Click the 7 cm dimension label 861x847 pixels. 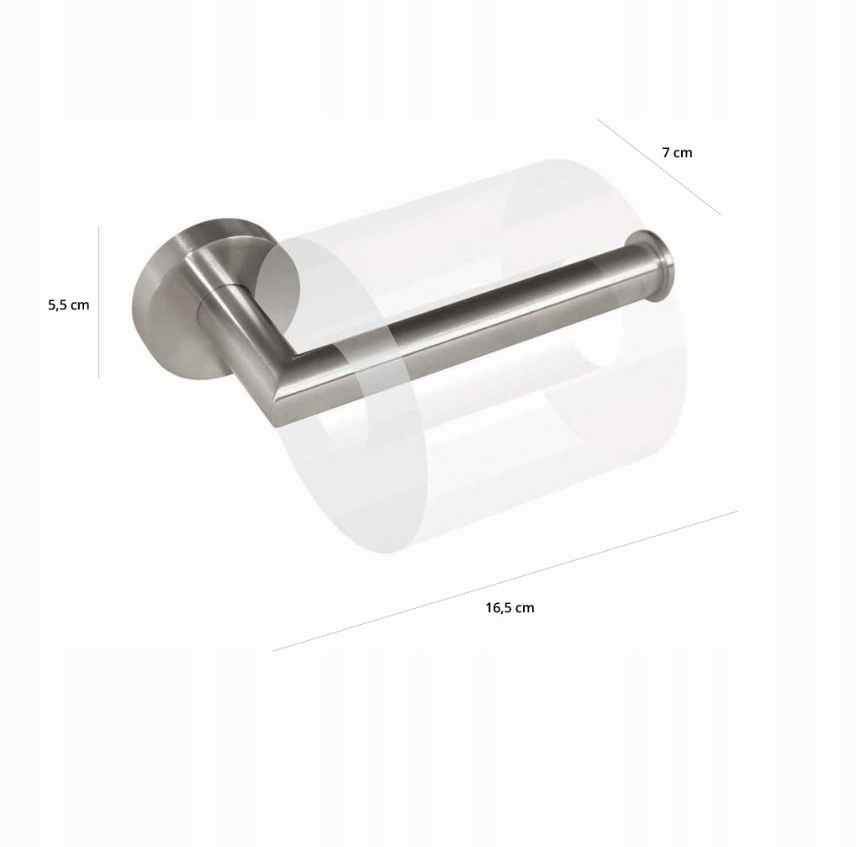click(677, 153)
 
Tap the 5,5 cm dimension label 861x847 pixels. click(69, 304)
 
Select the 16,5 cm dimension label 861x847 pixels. click(510, 607)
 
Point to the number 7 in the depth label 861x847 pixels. click(666, 153)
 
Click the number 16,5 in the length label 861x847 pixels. click(499, 608)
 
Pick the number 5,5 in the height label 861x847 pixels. click(57, 304)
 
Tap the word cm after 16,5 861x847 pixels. click(525, 608)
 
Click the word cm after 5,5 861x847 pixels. click(80, 305)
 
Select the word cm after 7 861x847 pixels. click(683, 153)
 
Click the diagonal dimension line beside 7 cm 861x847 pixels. click(659, 167)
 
